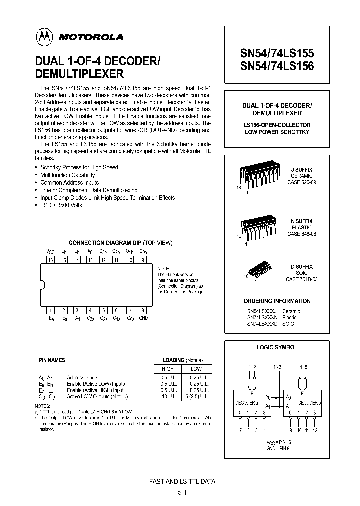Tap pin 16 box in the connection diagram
click(50, 260)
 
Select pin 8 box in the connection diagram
click(143, 310)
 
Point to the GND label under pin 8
click(143, 318)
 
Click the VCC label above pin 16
click(50, 252)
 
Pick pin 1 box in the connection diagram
click(50, 310)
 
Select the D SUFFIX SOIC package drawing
click(260, 268)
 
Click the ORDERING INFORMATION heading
click(277, 301)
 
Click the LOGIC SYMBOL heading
click(277, 347)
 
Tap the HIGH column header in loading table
click(168, 368)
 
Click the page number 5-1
click(182, 492)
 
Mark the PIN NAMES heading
click(52, 360)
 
